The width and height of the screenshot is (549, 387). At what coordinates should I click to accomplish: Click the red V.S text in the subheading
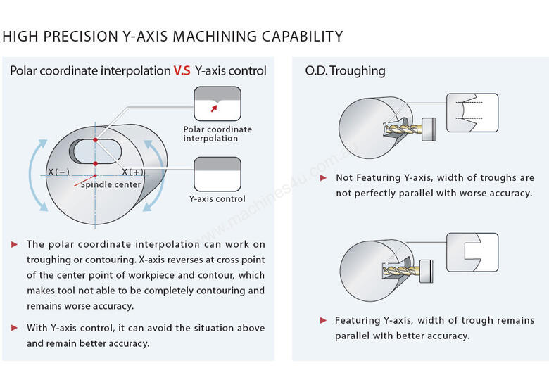[x=182, y=71]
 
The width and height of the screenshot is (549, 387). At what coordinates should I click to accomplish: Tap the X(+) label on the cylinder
[x=132, y=172]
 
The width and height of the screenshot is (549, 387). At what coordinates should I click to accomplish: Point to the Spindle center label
[x=111, y=185]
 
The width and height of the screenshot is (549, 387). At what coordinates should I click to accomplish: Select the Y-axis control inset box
[x=217, y=173]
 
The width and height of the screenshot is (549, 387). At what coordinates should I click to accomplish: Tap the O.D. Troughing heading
[x=345, y=71]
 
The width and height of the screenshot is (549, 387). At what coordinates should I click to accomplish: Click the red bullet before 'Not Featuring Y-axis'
[x=323, y=178]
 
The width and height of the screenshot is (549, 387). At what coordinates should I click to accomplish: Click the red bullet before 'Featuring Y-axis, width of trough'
[x=323, y=320]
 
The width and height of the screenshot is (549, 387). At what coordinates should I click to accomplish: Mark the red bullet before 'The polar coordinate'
[x=15, y=244]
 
